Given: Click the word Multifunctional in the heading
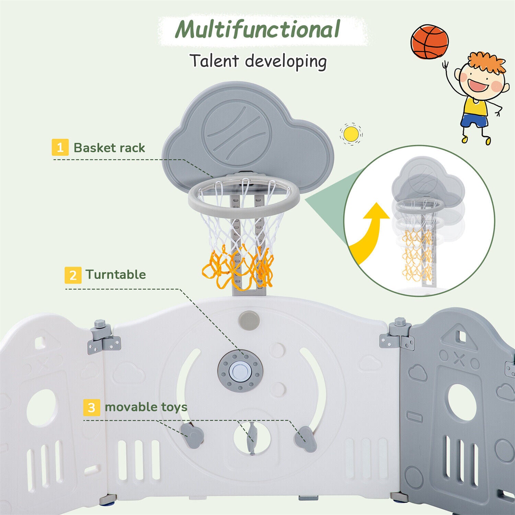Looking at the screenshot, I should [x=257, y=30].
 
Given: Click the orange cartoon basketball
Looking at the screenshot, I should [x=430, y=42].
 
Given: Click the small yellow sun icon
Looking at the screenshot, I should [x=351, y=134].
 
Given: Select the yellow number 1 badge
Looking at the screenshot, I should [x=60, y=147].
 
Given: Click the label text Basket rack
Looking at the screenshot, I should [x=109, y=148].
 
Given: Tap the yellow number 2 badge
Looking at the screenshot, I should [x=73, y=275].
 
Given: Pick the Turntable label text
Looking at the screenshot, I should [x=116, y=274].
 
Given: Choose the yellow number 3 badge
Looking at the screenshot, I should [x=91, y=408].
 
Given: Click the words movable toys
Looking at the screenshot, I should [x=146, y=407].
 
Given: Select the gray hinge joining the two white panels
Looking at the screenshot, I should [x=104, y=339].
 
